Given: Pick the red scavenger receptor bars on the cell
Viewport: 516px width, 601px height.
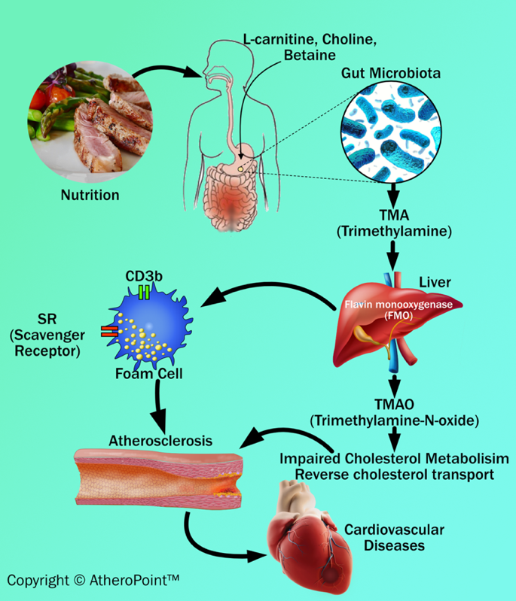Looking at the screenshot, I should [109, 331].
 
